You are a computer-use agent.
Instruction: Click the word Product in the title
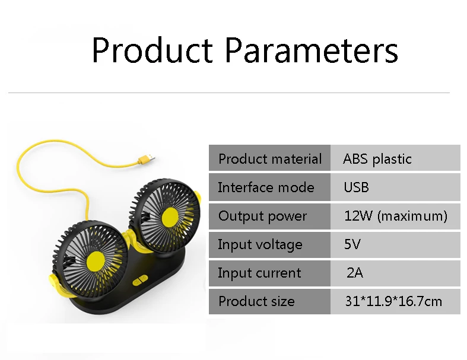pos(153,50)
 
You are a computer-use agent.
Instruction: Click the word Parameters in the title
pos(312,50)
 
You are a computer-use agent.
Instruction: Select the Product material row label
pos(270,159)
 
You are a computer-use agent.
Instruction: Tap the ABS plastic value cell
pos(377,159)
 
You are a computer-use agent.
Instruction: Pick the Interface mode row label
pos(266,187)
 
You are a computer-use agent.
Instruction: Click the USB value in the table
pos(357,187)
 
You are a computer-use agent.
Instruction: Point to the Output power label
pos(262,216)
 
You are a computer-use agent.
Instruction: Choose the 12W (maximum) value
pos(396,216)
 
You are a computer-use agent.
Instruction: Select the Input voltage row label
pos(260,245)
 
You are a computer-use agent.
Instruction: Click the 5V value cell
pos(352,244)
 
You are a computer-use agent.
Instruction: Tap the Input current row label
pos(259,273)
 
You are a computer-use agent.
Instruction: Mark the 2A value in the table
pos(355,272)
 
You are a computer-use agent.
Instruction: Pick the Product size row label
pos(256,301)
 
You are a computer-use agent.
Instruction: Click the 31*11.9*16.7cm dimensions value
pos(393,301)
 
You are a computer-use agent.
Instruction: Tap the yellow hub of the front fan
pos(96,260)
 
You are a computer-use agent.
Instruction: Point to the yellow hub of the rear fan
pos(170,216)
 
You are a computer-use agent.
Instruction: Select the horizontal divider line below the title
pos(228,93)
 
